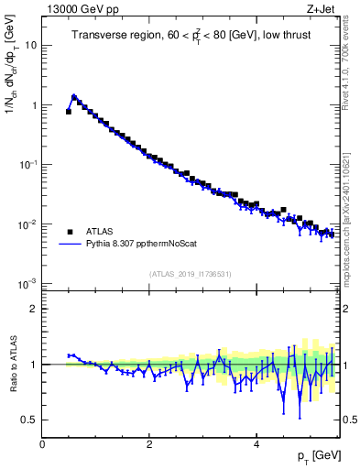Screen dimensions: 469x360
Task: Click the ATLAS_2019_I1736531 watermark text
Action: (191, 274)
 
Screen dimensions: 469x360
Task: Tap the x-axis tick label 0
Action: (43, 443)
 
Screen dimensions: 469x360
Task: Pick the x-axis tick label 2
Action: (148, 443)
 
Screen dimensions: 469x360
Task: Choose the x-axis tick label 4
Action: (256, 443)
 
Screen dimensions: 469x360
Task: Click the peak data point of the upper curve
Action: (74, 97)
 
